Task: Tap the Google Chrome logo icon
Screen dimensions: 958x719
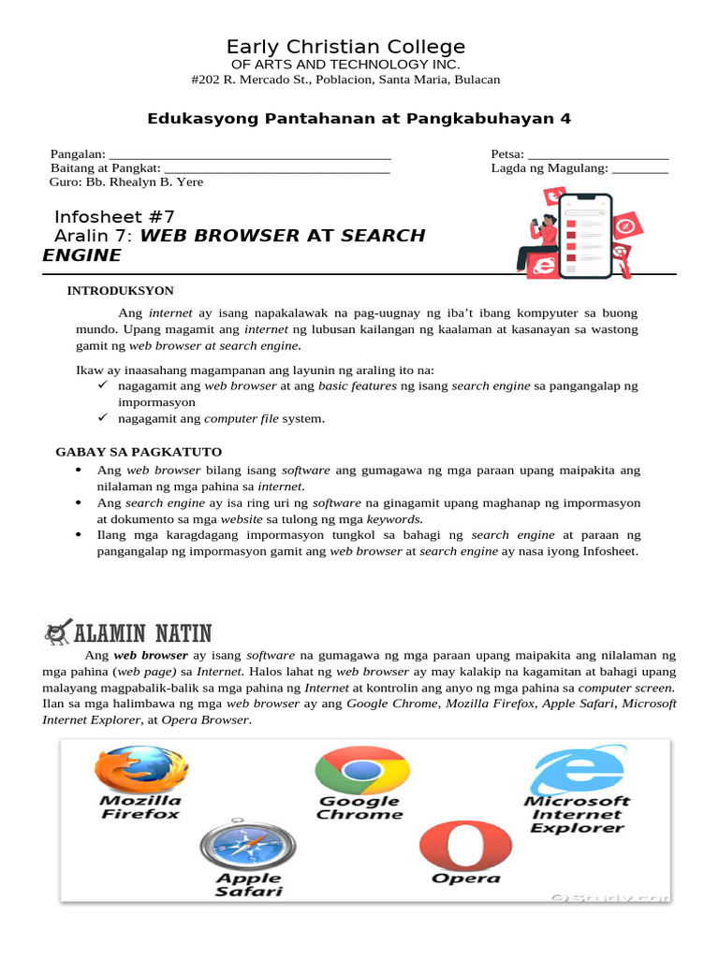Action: coord(359,770)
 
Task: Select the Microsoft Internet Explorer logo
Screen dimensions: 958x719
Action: coord(577,769)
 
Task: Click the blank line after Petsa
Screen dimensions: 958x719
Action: coord(597,154)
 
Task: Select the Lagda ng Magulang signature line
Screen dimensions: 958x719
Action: coord(640,168)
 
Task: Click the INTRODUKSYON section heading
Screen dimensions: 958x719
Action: coord(120,291)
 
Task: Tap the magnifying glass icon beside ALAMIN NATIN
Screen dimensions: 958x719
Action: coord(58,633)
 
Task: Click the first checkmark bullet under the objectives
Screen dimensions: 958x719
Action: coord(104,385)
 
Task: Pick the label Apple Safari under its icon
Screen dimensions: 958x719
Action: coord(248,885)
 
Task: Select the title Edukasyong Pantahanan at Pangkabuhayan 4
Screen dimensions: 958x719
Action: coord(359,118)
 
